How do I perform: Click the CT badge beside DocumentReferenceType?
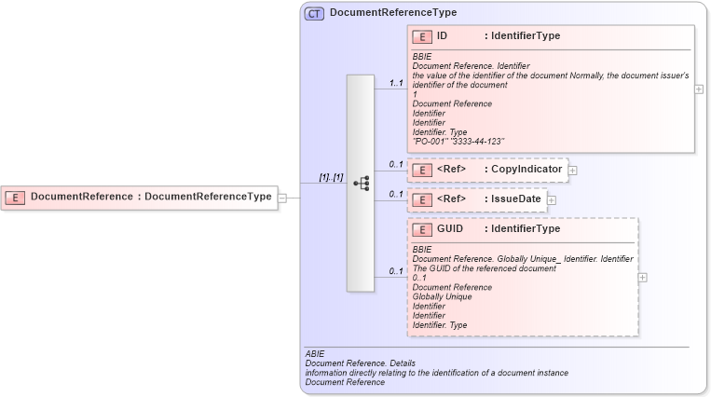point(315,13)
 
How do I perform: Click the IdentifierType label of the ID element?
point(525,36)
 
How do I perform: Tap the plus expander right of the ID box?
point(699,89)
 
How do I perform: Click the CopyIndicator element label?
point(526,170)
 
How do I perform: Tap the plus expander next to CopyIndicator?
point(573,171)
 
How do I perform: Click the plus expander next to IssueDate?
point(552,199)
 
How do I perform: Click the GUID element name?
point(450,228)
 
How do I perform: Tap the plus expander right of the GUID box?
point(643,277)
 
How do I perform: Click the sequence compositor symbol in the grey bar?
point(362,184)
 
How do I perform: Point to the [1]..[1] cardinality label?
point(331,177)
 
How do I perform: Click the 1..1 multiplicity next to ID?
point(396,83)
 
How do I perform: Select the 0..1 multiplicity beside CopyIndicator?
point(396,165)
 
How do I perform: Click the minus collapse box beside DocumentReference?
point(282,197)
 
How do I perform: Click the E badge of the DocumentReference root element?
point(16,197)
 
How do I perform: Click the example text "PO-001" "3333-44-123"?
point(458,141)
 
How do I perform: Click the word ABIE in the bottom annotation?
point(314,354)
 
